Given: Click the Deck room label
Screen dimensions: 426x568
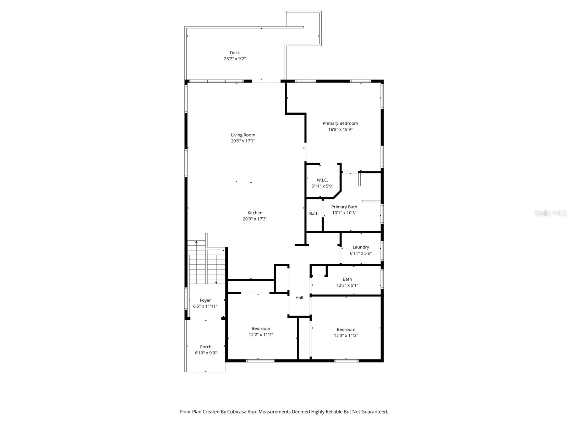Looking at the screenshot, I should tap(235, 53).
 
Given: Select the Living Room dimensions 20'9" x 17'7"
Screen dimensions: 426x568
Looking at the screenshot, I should tap(243, 141).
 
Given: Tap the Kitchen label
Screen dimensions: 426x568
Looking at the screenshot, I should tap(255, 213).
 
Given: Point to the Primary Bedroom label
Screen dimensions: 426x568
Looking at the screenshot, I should tap(340, 123).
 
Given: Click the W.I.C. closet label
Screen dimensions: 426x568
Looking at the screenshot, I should tap(322, 180).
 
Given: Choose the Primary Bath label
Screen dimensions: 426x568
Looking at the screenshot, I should tap(344, 207).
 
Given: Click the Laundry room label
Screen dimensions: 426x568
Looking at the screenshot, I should tap(361, 247).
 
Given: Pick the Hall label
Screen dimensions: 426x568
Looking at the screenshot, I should tap(299, 297).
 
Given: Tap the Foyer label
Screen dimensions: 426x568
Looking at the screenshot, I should tap(205, 300).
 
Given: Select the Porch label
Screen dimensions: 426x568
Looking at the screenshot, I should tap(206, 347).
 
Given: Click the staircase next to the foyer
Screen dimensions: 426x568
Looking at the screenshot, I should tap(207, 264).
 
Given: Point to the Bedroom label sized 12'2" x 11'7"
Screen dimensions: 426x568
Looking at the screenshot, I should tap(261, 328).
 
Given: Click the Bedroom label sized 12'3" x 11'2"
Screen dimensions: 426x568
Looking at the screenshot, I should tap(346, 329).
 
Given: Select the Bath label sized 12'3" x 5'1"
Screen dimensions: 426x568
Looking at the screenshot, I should tap(347, 279).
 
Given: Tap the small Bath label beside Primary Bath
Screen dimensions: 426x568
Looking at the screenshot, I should tap(314, 213).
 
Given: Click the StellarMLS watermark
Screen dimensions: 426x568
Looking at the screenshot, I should tap(550, 213).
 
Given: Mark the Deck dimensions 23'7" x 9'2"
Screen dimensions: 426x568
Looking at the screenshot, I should tap(235, 59).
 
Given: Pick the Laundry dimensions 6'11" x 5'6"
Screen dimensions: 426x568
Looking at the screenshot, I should tap(361, 253).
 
